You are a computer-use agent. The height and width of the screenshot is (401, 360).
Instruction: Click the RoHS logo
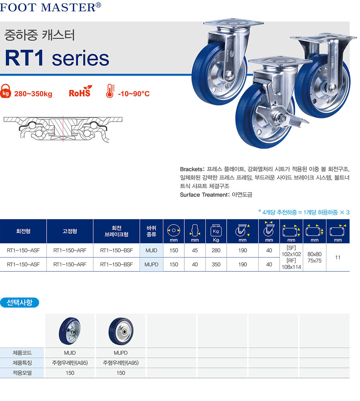tap(80, 93)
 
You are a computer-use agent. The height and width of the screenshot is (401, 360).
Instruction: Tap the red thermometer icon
tap(110, 91)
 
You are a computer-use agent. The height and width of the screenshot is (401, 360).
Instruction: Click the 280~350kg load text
tap(33, 94)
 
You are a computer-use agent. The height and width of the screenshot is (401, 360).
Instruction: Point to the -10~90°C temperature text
tap(134, 94)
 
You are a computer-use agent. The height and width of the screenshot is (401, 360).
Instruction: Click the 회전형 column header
tap(23, 231)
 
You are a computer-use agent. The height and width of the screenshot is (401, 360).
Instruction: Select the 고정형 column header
tap(70, 231)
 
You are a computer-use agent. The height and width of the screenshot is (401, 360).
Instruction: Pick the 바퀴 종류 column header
tap(152, 231)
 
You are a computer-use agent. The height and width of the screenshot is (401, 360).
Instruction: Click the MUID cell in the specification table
tap(152, 250)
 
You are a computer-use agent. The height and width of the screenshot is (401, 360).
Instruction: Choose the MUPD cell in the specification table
tap(152, 264)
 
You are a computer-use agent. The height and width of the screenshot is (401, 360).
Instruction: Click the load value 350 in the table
tap(216, 264)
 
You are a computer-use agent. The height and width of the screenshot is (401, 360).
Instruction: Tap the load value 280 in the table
tap(216, 250)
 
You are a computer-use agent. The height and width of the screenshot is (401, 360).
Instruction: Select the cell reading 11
tap(338, 257)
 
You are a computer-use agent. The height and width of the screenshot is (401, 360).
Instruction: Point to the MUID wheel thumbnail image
tap(70, 330)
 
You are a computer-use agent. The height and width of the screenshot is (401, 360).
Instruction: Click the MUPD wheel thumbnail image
tap(121, 330)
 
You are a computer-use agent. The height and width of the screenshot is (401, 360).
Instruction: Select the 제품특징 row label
tap(22, 363)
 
